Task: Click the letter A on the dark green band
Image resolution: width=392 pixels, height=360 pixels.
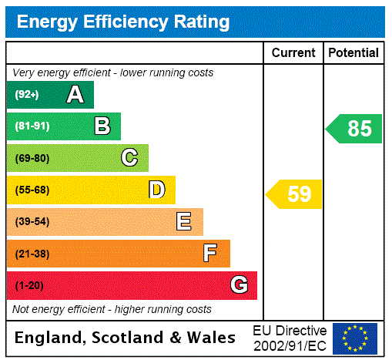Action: pos(75,95)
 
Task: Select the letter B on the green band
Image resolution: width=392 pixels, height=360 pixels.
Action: pos(102,126)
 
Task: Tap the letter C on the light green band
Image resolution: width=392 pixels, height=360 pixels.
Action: pos(129,158)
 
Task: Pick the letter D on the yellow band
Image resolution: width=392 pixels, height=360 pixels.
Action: pos(157,190)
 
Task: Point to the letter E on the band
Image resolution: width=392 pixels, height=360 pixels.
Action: pos(184,222)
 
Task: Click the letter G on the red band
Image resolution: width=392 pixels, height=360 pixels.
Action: pos(240,286)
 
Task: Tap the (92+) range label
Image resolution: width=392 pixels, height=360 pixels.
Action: pos(27,95)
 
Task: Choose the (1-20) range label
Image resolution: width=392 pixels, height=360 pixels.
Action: pos(29,286)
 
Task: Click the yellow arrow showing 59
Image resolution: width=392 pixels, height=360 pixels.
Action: pos(295,193)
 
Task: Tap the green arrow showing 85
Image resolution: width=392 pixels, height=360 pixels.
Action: pos(355,129)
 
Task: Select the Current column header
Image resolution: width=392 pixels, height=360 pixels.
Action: pos(293,53)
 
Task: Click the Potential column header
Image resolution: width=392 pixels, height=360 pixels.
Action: pos(353,53)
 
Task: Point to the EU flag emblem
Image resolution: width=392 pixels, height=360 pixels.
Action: pos(355,338)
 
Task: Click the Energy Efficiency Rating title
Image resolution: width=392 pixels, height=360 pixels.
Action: pos(123,22)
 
